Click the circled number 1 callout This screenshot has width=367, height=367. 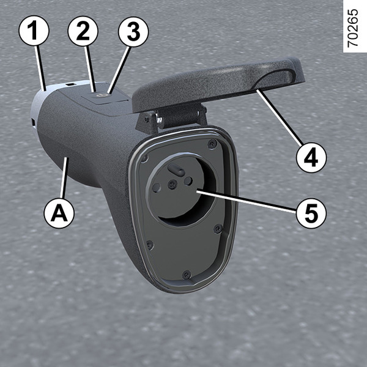point(34,31)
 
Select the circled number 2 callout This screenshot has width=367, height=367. point(83,31)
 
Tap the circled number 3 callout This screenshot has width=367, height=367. point(133,32)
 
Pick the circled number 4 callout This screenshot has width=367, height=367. point(311,158)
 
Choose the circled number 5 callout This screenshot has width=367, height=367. point(311,213)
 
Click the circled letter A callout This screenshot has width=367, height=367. point(59,213)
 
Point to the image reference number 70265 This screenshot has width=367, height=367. point(353,28)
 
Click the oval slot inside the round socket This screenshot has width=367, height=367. point(176,169)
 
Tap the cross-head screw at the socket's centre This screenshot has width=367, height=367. point(172,185)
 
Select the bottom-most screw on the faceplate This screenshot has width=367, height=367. point(187,274)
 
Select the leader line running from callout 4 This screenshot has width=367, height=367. point(280,117)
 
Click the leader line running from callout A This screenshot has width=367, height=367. point(64,178)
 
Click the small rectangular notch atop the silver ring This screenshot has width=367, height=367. point(70,84)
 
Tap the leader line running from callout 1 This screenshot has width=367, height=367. point(40,68)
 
